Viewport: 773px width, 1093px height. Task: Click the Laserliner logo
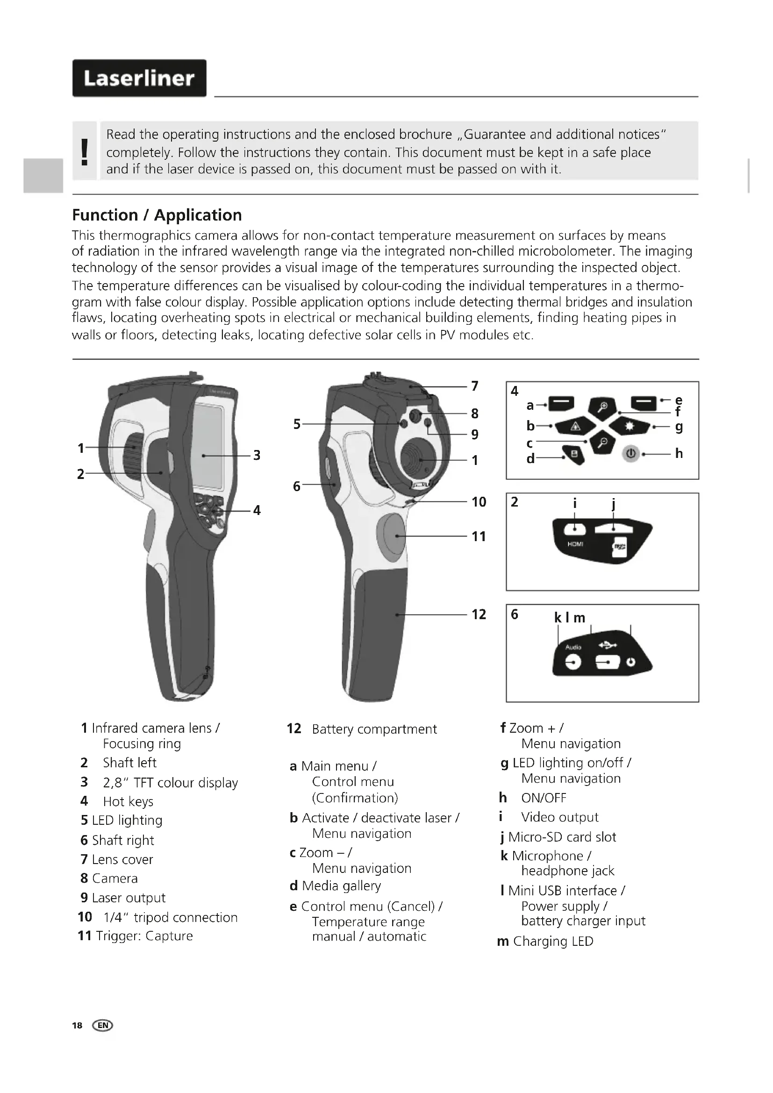pos(139,78)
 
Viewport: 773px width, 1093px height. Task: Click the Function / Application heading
pos(157,215)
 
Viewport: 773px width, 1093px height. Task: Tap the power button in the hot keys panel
pos(630,454)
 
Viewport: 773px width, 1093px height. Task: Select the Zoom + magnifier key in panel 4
pos(602,407)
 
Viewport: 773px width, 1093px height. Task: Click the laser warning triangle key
pos(575,427)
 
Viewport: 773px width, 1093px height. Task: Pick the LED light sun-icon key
pos(630,427)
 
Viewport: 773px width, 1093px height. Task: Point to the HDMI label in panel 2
pos(575,544)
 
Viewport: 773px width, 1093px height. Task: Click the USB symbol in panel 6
pos(608,645)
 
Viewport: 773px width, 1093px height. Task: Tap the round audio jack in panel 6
pos(573,662)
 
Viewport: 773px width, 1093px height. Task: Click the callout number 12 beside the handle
pos(479,614)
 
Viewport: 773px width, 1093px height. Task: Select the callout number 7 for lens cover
pos(474,386)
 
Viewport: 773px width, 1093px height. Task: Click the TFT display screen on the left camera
pos(208,447)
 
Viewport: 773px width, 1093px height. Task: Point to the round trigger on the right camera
pos(391,536)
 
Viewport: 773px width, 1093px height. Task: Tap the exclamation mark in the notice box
pos(85,151)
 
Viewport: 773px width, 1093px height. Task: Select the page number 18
pos(77,1025)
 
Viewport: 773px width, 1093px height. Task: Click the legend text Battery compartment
pos(374,729)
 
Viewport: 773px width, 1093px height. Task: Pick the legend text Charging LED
pos(553,942)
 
